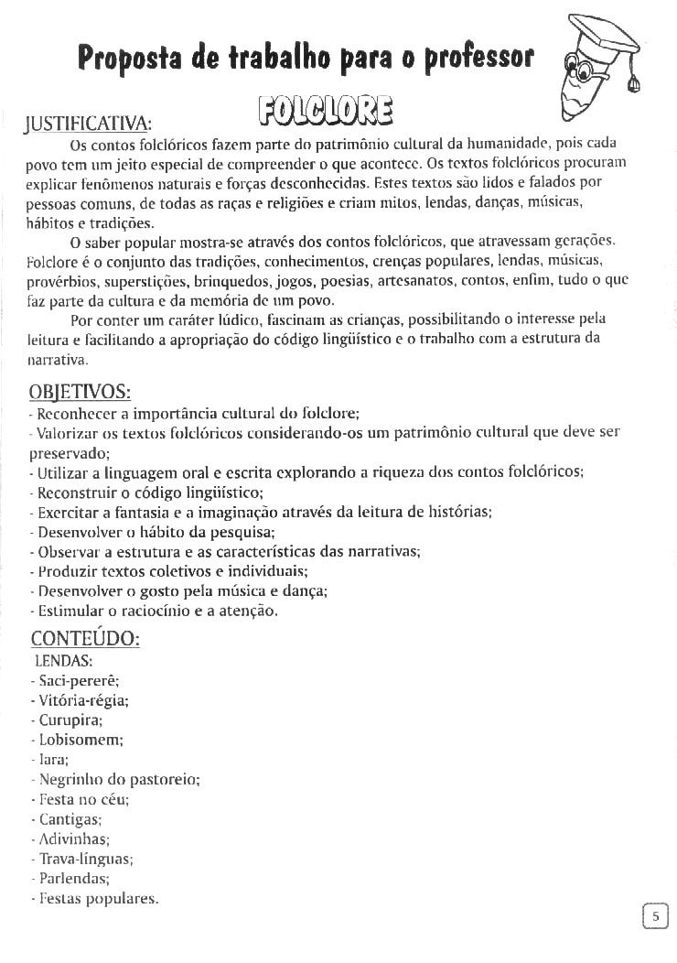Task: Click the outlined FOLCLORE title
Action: [325, 109]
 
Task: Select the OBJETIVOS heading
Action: [81, 392]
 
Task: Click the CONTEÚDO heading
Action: [85, 638]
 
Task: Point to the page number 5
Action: [655, 915]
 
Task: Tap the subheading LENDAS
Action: [63, 659]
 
